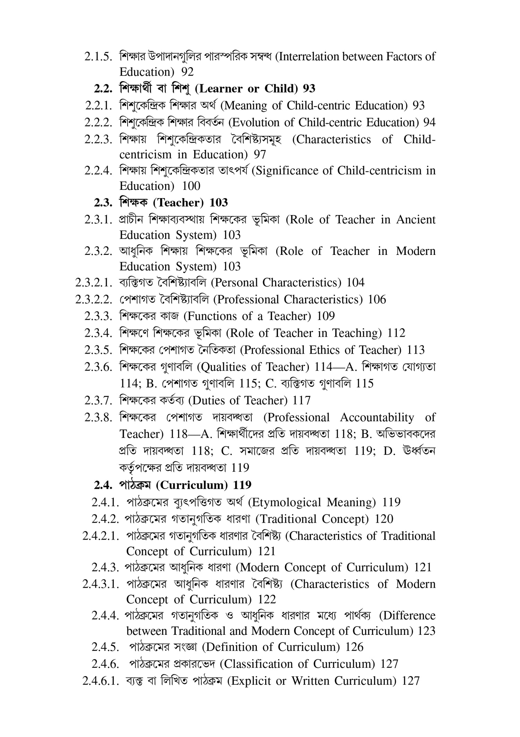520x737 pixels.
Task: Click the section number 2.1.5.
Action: pos(98,57)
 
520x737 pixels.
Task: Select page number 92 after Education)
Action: pos(188,72)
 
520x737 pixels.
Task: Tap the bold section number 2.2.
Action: pos(103,89)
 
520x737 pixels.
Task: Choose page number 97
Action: pos(260,154)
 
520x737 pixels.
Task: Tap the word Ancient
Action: pos(416,220)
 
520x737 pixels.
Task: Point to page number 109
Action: pos(326,316)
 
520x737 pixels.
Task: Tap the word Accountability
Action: pos(377,418)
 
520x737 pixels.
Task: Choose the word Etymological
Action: pos(285,502)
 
